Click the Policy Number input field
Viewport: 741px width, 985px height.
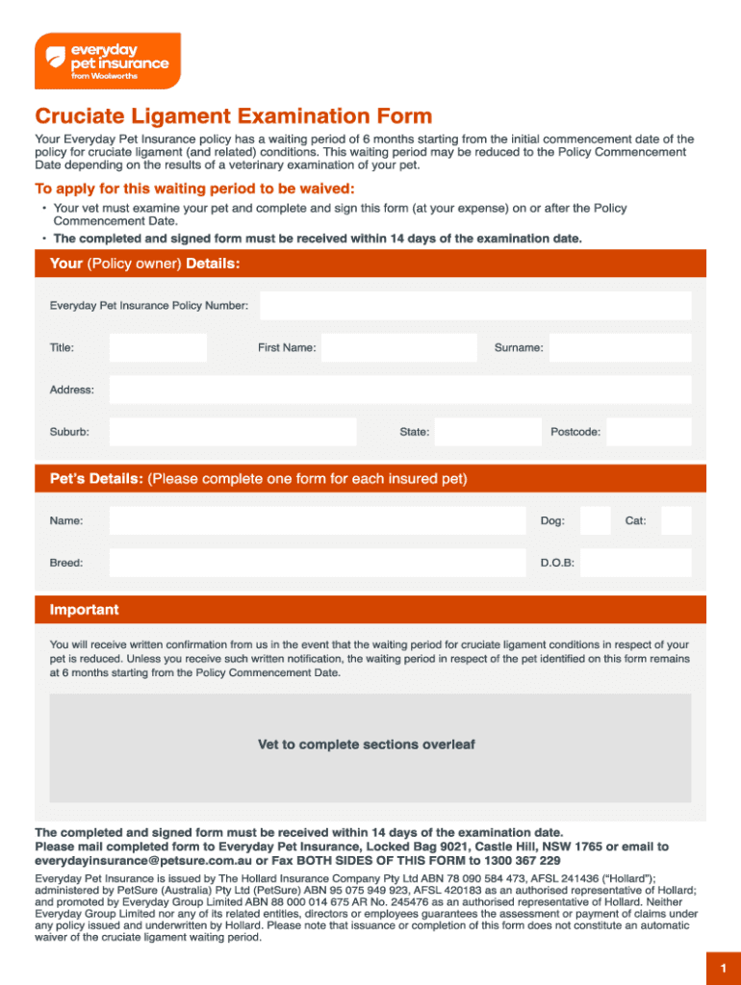coord(475,306)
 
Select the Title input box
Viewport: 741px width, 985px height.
coord(158,348)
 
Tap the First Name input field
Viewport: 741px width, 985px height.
coord(398,348)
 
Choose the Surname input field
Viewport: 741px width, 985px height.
coord(620,348)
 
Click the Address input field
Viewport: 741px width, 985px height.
coord(399,390)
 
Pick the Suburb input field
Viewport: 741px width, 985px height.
coord(232,432)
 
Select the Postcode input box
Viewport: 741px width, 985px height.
coord(649,432)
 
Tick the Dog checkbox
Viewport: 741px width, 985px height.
coord(596,520)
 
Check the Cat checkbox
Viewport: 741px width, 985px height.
coord(676,520)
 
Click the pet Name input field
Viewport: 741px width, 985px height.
coord(318,520)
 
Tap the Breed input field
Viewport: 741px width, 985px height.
coord(318,563)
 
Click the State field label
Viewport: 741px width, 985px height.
coord(415,433)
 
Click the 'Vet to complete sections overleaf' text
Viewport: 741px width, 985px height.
coord(367,745)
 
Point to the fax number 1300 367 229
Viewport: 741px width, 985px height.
coord(515,860)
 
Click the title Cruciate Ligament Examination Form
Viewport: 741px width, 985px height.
coord(234,116)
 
